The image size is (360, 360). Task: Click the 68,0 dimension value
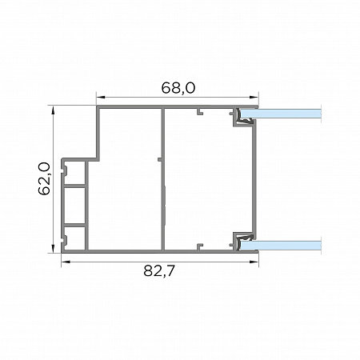pyautogui.click(x=178, y=88)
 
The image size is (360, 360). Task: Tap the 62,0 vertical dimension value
pyautogui.click(x=44, y=178)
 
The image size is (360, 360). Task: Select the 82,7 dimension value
pyautogui.click(x=159, y=271)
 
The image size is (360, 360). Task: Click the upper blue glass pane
pyautogui.click(x=281, y=114)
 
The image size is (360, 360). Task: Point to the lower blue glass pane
pyautogui.click(x=281, y=246)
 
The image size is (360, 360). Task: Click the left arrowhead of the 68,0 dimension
pyautogui.click(x=100, y=98)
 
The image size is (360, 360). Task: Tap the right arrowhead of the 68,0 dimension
pyautogui.click(x=254, y=98)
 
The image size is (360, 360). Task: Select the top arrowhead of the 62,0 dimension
pyautogui.click(x=54, y=110)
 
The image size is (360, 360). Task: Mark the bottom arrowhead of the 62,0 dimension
pyautogui.click(x=54, y=248)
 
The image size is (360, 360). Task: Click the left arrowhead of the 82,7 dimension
pyautogui.click(x=66, y=262)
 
